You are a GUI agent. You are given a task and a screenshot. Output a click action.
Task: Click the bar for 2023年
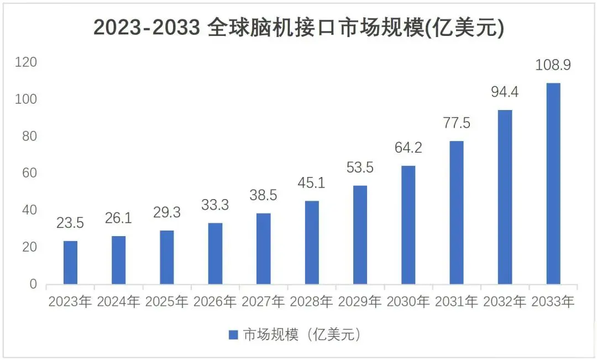pyautogui.click(x=70, y=263)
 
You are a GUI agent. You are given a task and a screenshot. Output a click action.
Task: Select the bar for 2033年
pyautogui.click(x=553, y=184)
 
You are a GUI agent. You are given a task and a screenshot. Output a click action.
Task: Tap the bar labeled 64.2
pyautogui.click(x=408, y=225)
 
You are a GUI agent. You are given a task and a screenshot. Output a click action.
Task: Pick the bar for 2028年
pyautogui.click(x=312, y=243)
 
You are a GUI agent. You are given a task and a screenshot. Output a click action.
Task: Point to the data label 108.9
pyautogui.click(x=553, y=65)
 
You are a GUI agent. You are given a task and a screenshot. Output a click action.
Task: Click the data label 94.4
pyautogui.click(x=505, y=92)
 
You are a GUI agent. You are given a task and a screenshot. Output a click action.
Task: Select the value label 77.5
pyautogui.click(x=456, y=123)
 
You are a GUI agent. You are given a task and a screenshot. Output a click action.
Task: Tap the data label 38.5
pyautogui.click(x=263, y=195)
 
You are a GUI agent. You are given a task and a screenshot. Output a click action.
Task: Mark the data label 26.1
pyautogui.click(x=118, y=218)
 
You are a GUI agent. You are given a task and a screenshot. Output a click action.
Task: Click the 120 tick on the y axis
pyautogui.click(x=26, y=62)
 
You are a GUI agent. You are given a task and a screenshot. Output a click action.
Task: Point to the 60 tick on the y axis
pyautogui.click(x=29, y=173)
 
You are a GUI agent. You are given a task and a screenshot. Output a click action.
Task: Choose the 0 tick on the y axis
pyautogui.click(x=33, y=284)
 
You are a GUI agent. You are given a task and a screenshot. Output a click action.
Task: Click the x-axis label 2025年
pyautogui.click(x=167, y=302)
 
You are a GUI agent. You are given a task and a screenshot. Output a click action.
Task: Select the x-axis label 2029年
pyautogui.click(x=360, y=302)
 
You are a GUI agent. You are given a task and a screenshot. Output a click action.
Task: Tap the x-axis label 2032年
pyautogui.click(x=505, y=302)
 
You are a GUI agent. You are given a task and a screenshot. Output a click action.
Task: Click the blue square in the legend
pyautogui.click(x=233, y=335)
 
